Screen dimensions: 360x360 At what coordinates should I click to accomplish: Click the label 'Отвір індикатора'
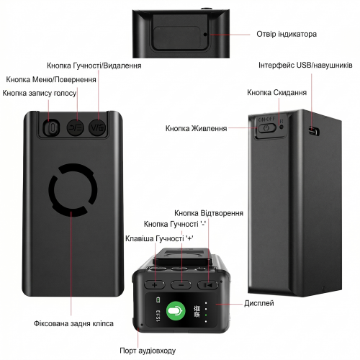click(287, 34)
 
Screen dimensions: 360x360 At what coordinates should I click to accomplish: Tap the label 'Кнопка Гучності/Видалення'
click(94, 66)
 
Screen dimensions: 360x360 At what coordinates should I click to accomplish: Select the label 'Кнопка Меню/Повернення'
click(51, 79)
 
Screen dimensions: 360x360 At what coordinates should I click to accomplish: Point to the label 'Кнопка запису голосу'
click(40, 93)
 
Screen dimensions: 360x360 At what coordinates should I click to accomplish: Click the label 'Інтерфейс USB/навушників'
click(305, 66)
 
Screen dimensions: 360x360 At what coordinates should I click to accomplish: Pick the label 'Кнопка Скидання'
click(277, 93)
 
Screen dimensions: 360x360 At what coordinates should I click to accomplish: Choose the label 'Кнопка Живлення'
click(197, 128)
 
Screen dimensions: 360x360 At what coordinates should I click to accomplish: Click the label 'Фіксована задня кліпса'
click(73, 323)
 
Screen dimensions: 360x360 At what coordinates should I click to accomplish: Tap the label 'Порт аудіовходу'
click(148, 351)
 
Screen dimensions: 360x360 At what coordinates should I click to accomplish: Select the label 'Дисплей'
click(259, 303)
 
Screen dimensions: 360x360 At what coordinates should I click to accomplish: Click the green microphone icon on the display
click(176, 311)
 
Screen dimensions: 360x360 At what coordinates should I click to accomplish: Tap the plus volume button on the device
click(155, 285)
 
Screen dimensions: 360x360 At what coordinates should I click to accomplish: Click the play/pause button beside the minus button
click(208, 285)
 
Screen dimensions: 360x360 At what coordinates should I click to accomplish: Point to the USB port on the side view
click(314, 130)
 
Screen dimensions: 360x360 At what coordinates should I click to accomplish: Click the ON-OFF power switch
click(266, 127)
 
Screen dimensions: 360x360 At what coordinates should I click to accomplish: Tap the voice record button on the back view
click(51, 127)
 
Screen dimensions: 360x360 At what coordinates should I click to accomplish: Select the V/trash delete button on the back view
click(97, 127)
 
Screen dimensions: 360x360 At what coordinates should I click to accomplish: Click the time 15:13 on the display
click(158, 315)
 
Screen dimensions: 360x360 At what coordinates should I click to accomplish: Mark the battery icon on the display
click(158, 300)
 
